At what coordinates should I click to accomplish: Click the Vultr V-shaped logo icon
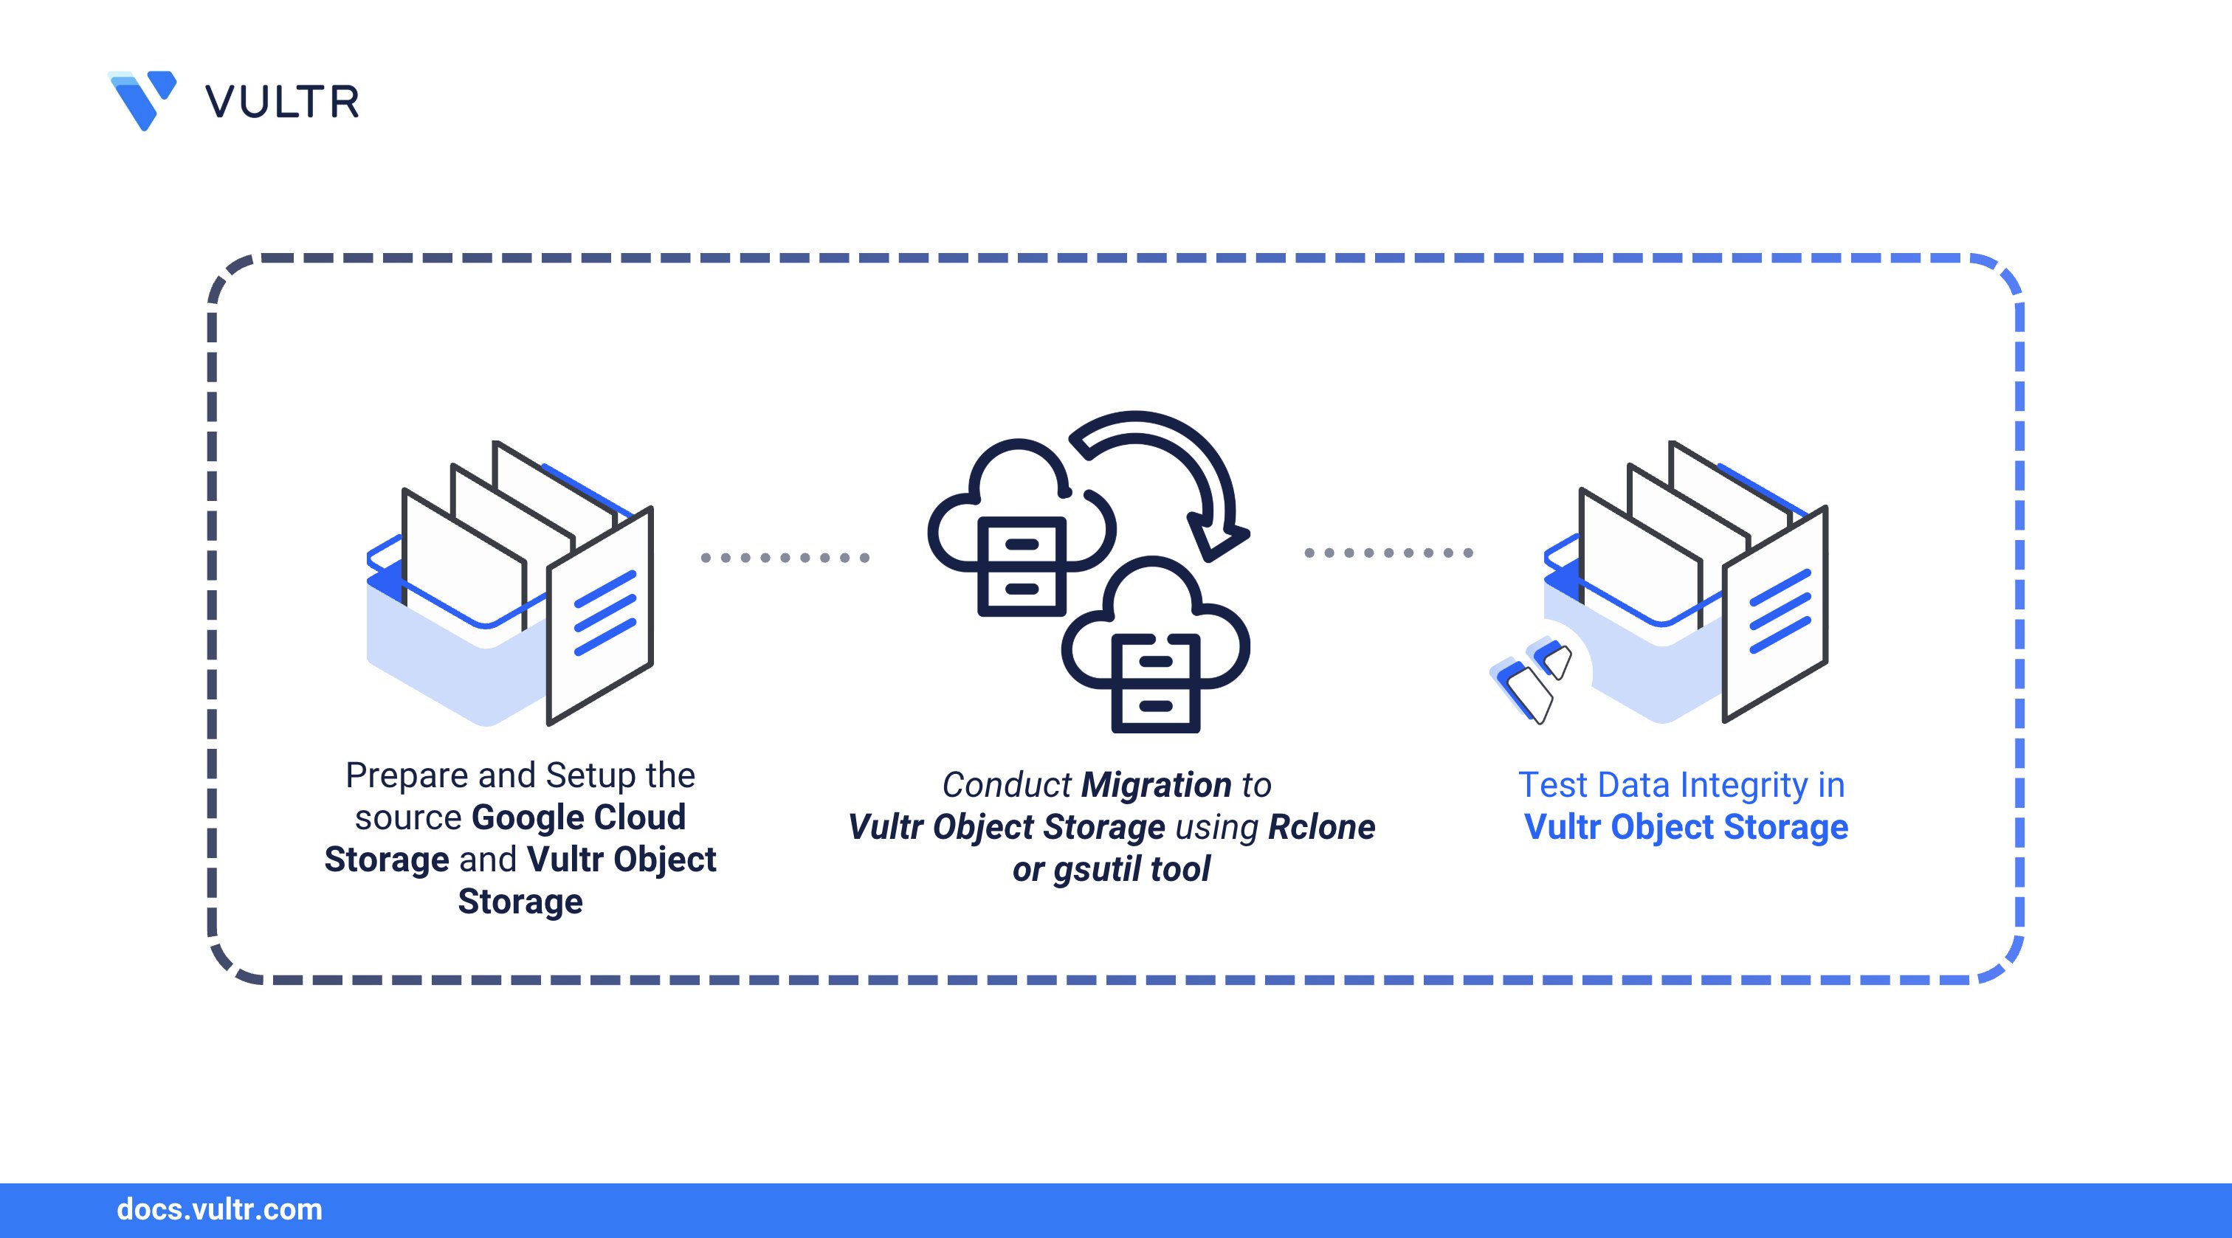pyautogui.click(x=142, y=100)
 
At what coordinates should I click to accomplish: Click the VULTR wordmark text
pyautogui.click(x=283, y=103)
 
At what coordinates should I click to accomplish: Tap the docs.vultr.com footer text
pyautogui.click(x=219, y=1209)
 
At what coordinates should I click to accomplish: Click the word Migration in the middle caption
pyautogui.click(x=1156, y=785)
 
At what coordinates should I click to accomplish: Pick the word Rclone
pyautogui.click(x=1321, y=827)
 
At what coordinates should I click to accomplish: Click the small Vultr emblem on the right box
pyautogui.click(x=1532, y=680)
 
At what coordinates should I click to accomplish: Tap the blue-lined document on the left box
pyautogui.click(x=601, y=615)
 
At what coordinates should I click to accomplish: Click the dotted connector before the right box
pyautogui.click(x=1389, y=553)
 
